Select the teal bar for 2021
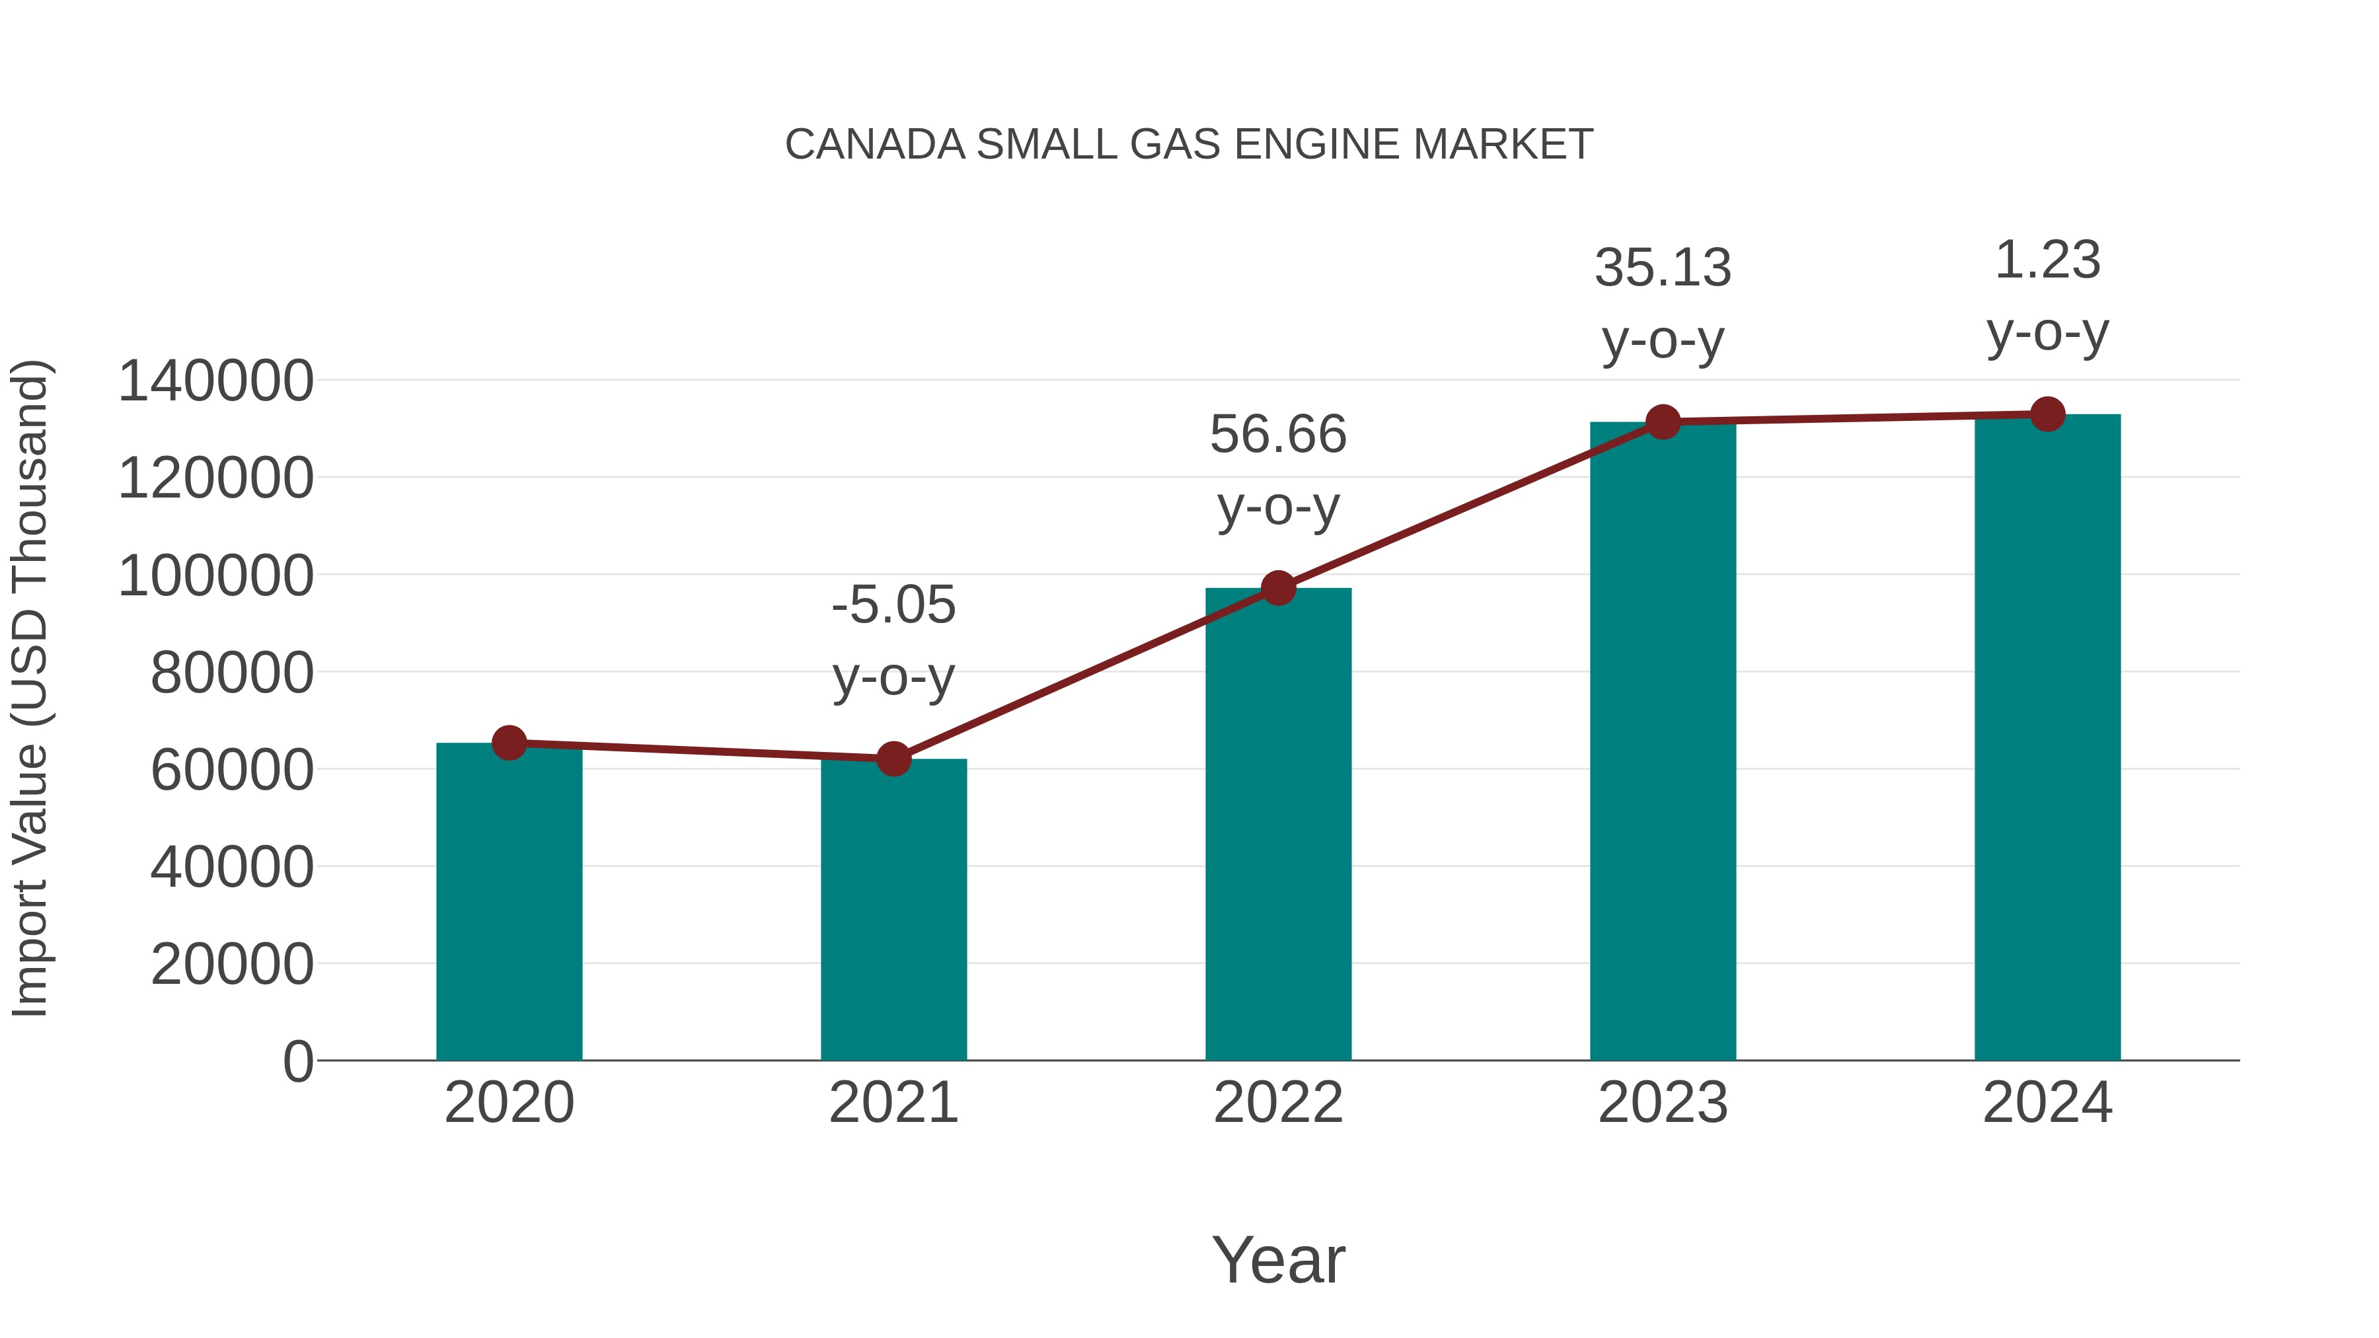893,914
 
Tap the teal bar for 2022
1278,831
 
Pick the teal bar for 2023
1663,748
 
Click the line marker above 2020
509,743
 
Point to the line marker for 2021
893,759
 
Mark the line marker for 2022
1278,588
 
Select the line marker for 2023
1663,422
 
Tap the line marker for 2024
2047,414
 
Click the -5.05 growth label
893,606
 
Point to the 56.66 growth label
1278,435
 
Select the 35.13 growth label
1663,269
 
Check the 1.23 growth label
2047,260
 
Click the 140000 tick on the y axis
215,381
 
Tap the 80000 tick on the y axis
232,673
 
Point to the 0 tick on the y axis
297,1061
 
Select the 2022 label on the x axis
1278,1103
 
